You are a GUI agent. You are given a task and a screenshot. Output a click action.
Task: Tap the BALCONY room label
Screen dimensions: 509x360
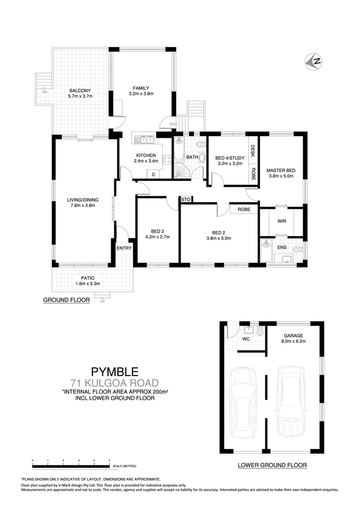pos(80,90)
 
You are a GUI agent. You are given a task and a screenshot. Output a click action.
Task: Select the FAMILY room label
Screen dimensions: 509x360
pos(141,88)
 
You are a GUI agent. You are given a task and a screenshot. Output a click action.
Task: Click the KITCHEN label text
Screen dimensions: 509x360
pos(146,155)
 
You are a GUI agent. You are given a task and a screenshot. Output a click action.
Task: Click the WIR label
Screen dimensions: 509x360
pos(282,221)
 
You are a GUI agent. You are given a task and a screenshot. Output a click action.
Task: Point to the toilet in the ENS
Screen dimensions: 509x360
pos(297,250)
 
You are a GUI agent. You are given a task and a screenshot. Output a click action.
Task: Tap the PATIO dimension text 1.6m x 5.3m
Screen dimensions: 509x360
pos(87,284)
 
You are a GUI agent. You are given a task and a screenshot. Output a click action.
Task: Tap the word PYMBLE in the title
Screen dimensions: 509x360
pos(115,371)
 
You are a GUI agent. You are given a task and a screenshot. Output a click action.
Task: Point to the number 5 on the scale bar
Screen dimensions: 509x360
pos(110,461)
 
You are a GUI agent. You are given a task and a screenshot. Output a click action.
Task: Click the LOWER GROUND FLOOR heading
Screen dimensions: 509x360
pos(272,465)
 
